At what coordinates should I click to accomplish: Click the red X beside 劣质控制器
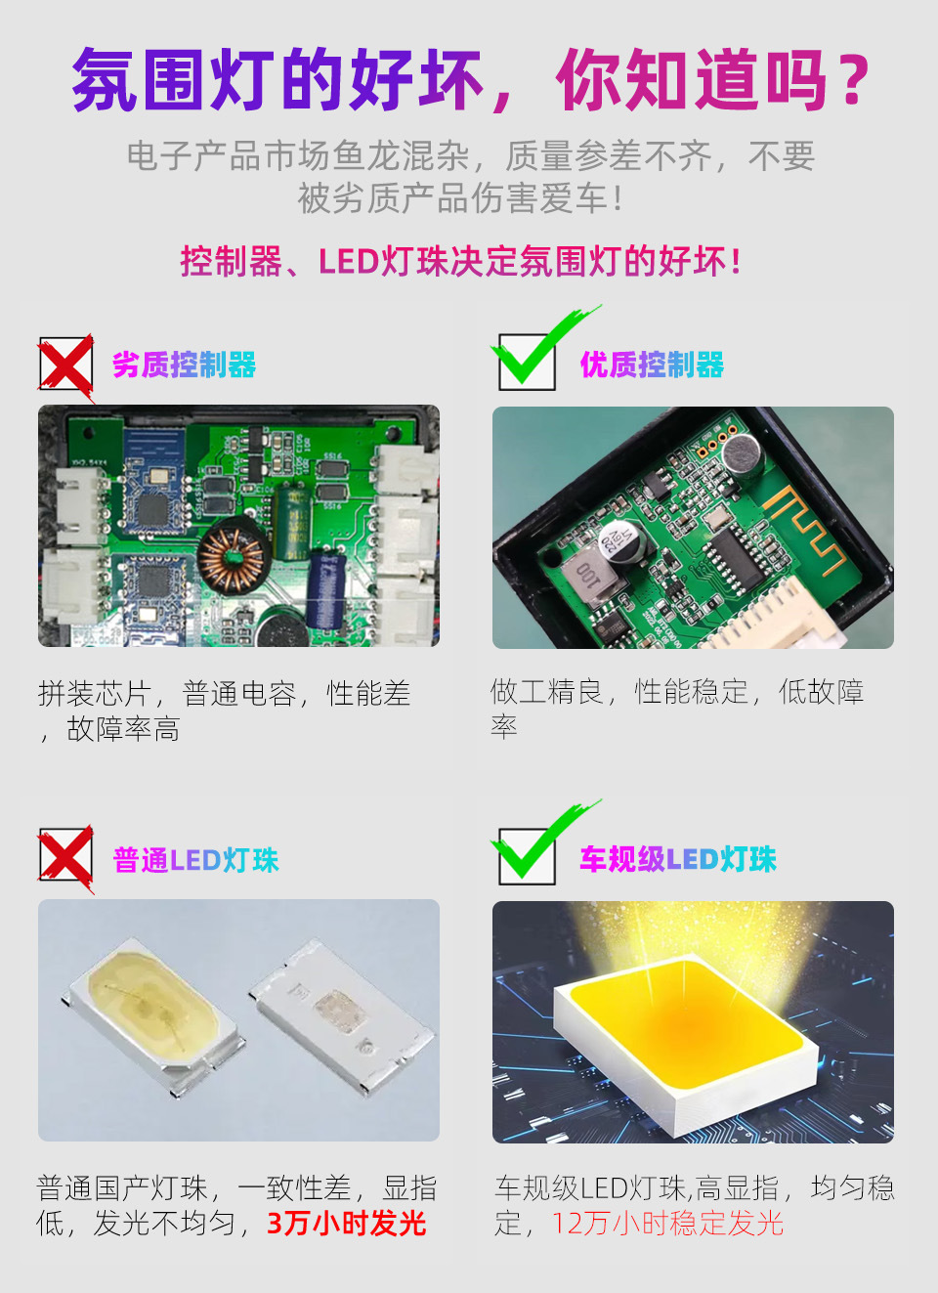click(66, 366)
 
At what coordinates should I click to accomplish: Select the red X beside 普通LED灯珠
click(66, 858)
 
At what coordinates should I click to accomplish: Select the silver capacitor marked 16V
click(620, 543)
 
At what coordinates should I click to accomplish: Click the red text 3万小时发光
click(347, 1224)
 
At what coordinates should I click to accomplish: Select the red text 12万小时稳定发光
click(667, 1224)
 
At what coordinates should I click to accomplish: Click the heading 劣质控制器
click(184, 365)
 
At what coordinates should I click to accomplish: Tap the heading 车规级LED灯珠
click(678, 859)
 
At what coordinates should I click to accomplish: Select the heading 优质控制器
click(652, 365)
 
